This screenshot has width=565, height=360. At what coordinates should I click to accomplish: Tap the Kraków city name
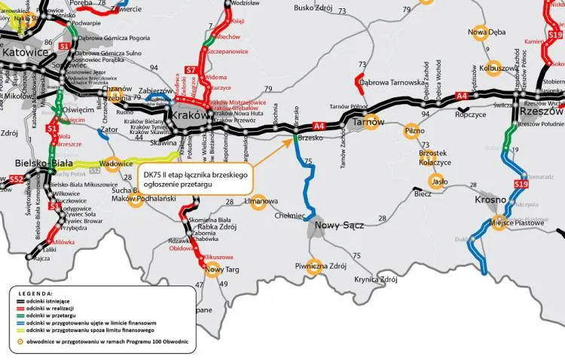tap(189, 115)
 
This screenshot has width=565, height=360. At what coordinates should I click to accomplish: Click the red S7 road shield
tap(191, 72)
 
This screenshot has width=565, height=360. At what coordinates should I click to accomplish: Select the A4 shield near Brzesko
tap(318, 126)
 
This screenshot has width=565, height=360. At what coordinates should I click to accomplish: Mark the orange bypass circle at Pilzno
tap(411, 130)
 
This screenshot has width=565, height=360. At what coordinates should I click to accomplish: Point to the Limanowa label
tap(261, 202)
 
